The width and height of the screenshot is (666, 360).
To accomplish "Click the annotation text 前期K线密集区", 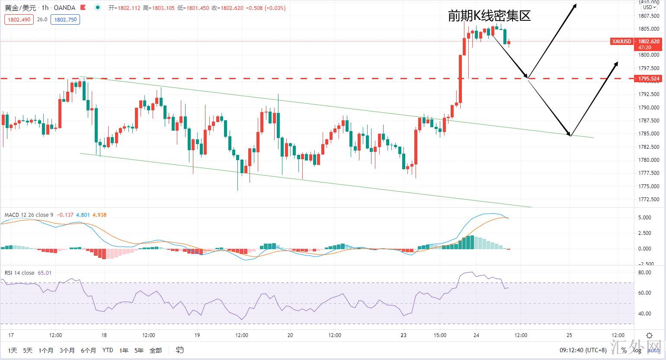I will (x=489, y=16).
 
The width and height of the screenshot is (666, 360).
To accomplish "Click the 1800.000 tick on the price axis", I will (x=648, y=55).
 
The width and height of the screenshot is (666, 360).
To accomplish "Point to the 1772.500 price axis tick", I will (x=648, y=199).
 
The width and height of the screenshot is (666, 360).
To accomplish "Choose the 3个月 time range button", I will (x=67, y=350).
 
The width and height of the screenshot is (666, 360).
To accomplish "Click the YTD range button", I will (x=108, y=350).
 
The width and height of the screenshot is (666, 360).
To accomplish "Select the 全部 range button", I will (x=156, y=350).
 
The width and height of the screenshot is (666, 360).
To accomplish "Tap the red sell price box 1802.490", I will (x=19, y=19).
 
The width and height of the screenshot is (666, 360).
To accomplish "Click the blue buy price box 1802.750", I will (x=65, y=19).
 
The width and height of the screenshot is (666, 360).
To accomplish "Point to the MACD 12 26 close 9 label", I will (x=29, y=215).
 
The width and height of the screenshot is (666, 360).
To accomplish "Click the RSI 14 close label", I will (x=19, y=273).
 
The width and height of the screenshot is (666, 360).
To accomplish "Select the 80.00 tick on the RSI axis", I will (x=644, y=272).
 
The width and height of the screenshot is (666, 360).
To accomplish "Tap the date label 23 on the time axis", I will (x=403, y=335).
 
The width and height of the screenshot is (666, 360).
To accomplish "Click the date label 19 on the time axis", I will (x=197, y=335).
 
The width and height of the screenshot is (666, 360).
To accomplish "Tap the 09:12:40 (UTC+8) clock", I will (x=583, y=350).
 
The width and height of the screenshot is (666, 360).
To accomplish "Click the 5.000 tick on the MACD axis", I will (x=645, y=218).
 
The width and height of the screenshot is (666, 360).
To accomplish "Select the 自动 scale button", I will (x=653, y=350).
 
